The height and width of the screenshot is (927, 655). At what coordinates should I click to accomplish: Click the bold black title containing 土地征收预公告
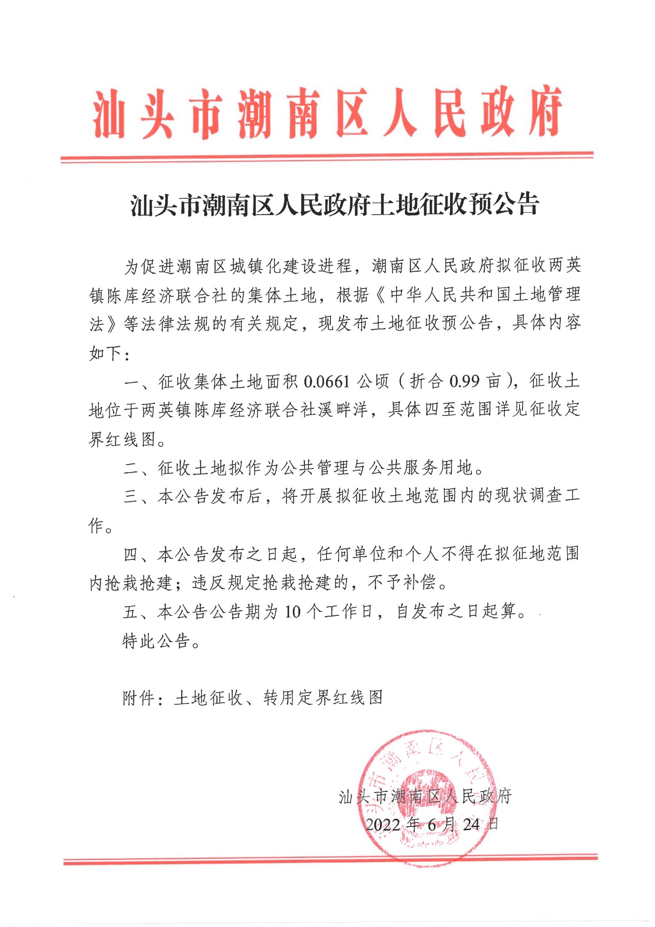(335, 205)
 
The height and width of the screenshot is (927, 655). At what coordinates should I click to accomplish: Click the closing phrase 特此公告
(156, 642)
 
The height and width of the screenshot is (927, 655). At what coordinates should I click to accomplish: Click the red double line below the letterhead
(327, 157)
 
